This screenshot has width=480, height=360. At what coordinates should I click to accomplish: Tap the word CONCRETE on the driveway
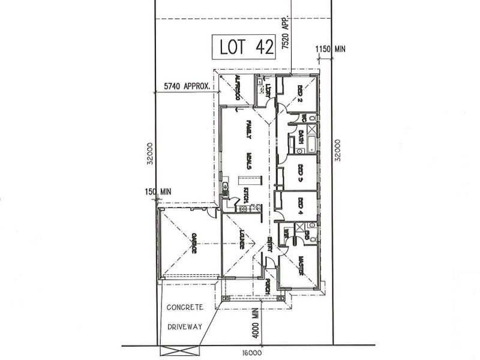coord(185,307)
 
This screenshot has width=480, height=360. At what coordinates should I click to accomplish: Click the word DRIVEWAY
coord(185,328)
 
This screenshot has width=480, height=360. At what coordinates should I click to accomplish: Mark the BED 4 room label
coord(299,206)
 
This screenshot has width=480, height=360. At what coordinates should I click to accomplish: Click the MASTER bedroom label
coord(300,266)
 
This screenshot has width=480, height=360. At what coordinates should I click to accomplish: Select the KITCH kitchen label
coord(245,195)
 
